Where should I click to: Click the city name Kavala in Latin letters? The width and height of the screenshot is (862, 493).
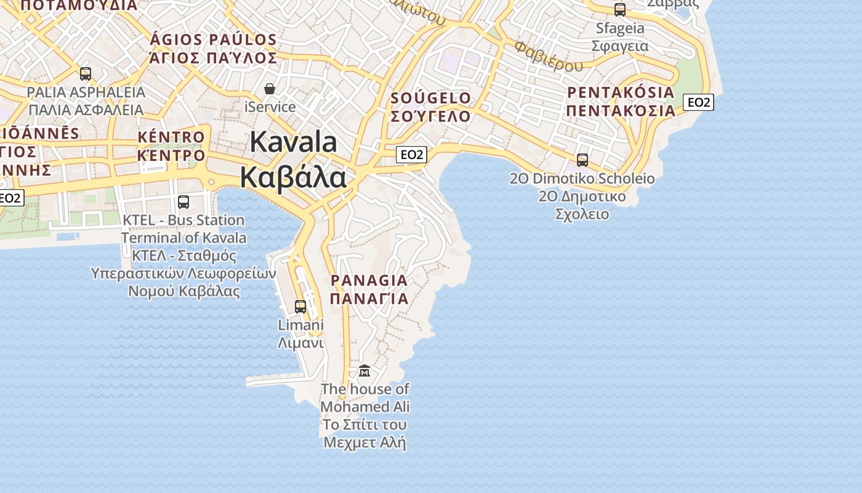(293, 142)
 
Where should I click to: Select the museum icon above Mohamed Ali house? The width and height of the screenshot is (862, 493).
(365, 370)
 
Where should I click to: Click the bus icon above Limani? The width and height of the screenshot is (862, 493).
(300, 306)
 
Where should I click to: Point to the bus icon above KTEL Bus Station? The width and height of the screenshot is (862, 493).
(183, 202)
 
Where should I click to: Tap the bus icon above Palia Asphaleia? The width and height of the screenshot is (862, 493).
(86, 74)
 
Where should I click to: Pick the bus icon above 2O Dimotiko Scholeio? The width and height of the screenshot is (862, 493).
(582, 160)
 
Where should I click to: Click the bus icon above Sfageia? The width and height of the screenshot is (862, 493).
(620, 9)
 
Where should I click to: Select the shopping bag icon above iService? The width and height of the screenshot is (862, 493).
(269, 89)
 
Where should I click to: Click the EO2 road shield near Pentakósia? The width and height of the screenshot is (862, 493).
(699, 102)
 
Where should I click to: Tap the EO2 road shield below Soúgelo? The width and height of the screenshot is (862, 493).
(411, 155)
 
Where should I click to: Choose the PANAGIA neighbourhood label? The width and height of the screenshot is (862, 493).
(369, 280)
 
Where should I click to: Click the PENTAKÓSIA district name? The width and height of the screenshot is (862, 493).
(621, 93)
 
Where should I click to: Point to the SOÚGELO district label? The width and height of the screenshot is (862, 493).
(430, 98)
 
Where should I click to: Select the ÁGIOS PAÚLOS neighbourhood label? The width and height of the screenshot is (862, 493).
(213, 40)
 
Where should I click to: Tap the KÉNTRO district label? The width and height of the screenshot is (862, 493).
(171, 137)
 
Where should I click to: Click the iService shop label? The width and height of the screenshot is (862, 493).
(270, 107)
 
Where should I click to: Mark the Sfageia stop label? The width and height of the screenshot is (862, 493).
(620, 28)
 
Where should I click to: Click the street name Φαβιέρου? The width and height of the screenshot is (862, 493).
(549, 56)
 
